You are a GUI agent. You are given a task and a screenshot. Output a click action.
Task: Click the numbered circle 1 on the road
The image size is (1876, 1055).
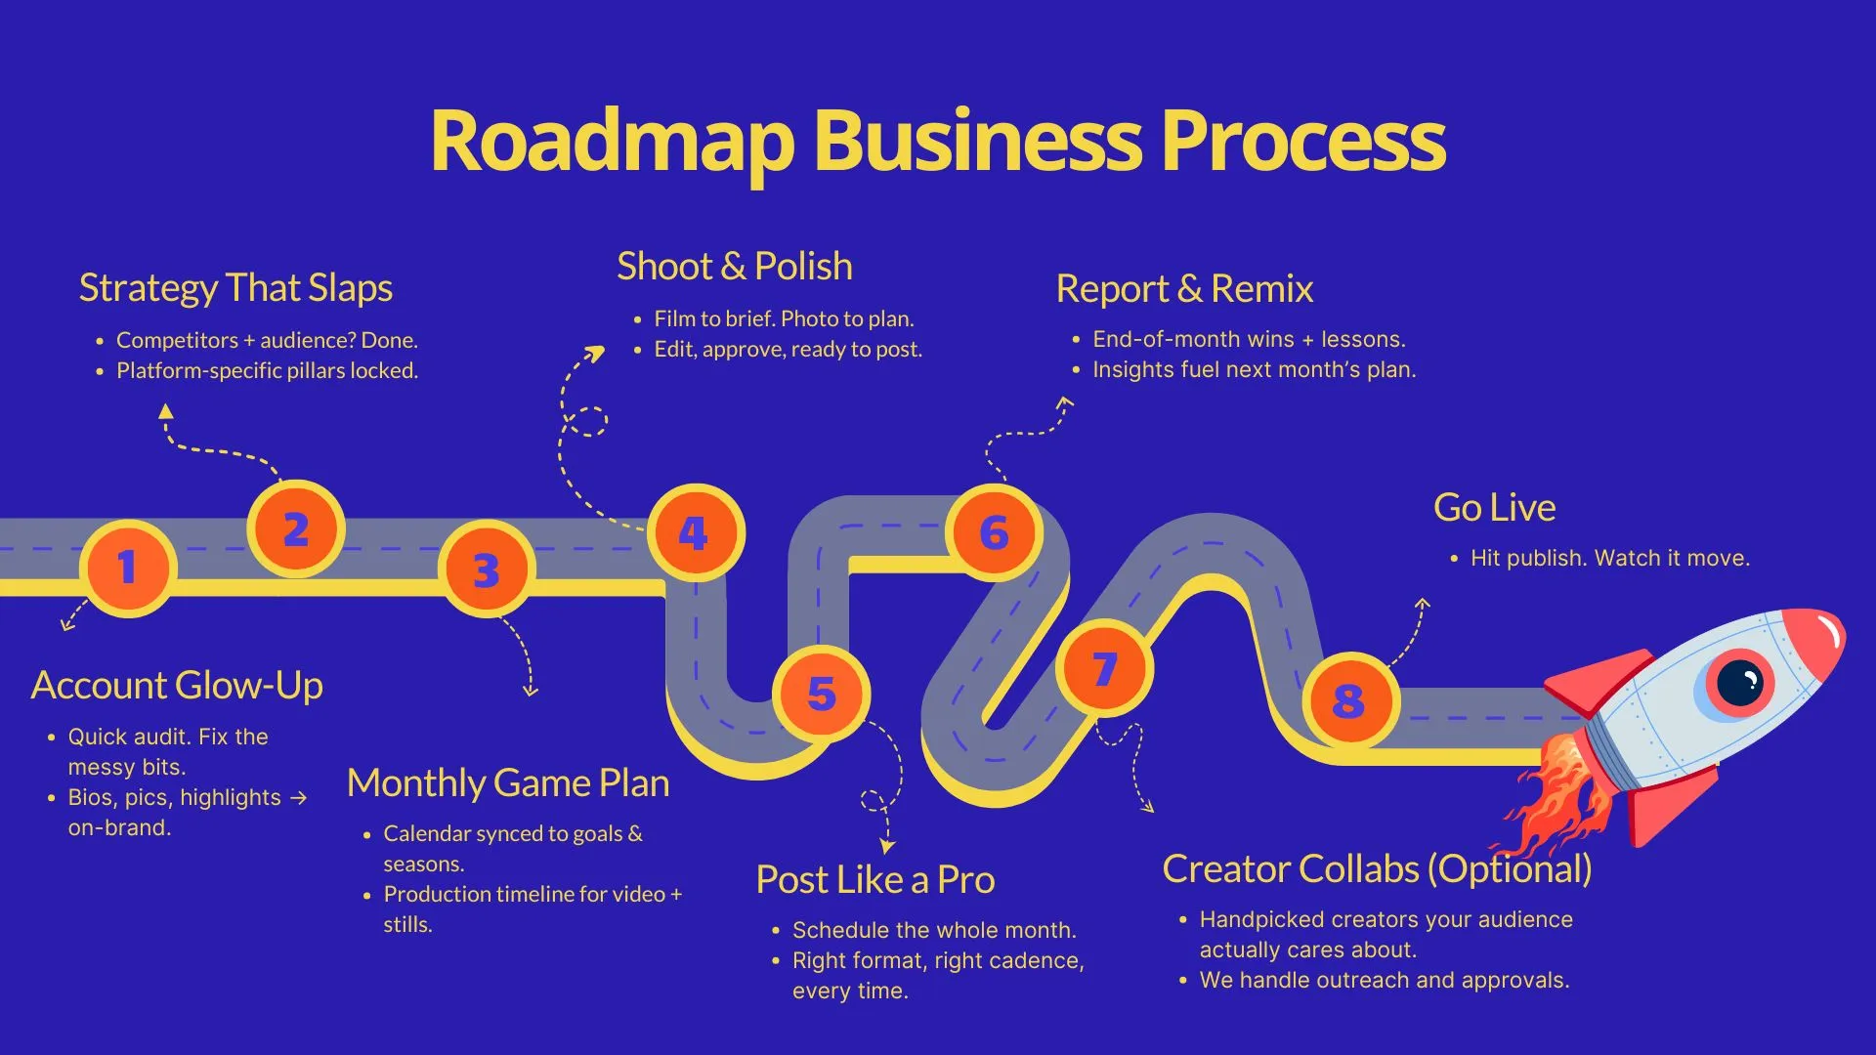(x=128, y=568)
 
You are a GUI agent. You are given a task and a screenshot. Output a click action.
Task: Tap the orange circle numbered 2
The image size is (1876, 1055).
(x=295, y=528)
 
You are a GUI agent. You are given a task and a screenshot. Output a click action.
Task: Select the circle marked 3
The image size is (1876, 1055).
(x=486, y=570)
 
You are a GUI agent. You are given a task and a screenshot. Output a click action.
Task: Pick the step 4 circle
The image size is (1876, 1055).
(x=695, y=533)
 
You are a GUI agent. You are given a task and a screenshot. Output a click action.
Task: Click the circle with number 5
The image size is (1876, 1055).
(x=821, y=694)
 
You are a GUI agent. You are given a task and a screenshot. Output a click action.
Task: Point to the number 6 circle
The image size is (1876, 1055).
(x=994, y=533)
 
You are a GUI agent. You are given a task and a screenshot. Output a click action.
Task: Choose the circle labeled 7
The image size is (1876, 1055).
(x=1104, y=669)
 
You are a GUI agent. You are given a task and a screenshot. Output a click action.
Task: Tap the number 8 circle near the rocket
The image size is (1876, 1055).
(x=1349, y=700)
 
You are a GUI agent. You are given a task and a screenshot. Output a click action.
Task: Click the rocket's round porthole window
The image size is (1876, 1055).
(x=1739, y=681)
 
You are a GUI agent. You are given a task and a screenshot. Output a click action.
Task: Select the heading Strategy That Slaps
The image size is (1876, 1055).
(x=235, y=288)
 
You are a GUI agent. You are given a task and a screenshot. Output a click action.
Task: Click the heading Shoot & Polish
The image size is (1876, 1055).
(x=735, y=267)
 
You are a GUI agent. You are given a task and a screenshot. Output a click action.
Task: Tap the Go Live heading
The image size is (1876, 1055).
(x=1494, y=508)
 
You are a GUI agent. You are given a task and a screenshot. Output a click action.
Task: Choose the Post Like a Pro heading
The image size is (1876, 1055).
(x=874, y=880)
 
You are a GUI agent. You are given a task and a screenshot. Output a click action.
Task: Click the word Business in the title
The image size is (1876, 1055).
(x=977, y=142)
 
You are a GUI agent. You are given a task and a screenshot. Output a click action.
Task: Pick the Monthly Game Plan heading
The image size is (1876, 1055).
(x=508, y=783)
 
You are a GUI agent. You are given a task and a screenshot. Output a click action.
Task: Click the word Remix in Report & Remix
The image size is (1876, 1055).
(x=1261, y=289)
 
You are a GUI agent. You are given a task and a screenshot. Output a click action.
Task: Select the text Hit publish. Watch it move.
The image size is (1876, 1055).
(x=1609, y=558)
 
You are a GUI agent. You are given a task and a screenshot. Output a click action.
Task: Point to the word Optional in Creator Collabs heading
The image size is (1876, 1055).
(x=1510, y=869)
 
